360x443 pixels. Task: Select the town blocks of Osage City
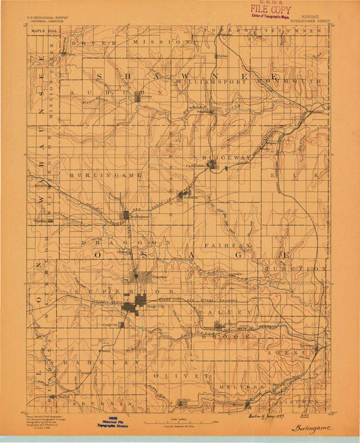click(x=139, y=303)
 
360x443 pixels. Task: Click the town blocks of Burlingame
click(x=126, y=215)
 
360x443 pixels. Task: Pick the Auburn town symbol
click(x=139, y=97)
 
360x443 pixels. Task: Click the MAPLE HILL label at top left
click(x=42, y=30)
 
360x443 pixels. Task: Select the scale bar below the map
click(x=174, y=422)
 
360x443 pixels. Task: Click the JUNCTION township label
click(x=307, y=268)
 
